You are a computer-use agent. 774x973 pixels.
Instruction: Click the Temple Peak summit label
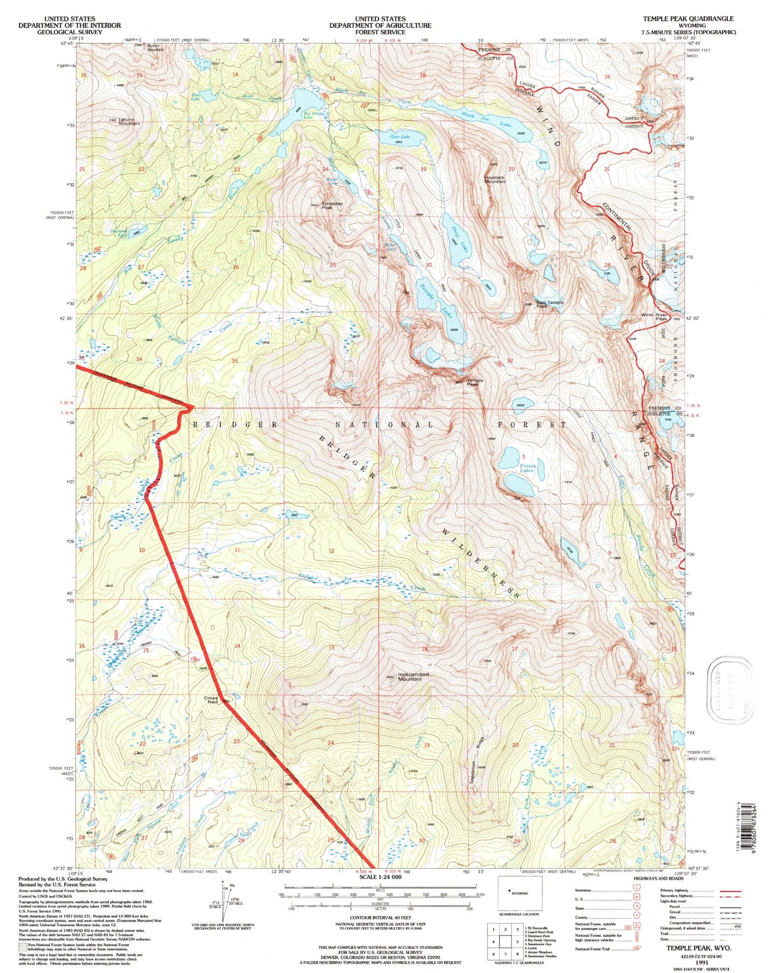pos(475,382)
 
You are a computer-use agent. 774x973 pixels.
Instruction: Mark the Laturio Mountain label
pos(129,122)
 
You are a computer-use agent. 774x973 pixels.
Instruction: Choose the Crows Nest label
pos(212,699)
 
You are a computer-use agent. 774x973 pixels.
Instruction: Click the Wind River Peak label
pos(653,316)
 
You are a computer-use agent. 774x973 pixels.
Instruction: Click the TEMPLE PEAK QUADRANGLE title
pos(688,19)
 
